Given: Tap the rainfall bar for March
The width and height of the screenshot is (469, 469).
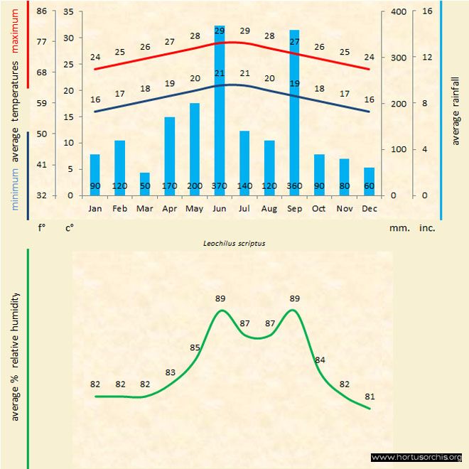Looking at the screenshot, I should point(145,183).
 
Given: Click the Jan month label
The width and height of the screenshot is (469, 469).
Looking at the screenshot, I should point(95,209).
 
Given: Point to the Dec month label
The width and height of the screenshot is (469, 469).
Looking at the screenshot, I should point(369,209).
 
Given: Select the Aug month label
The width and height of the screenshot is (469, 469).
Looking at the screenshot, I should point(269,209).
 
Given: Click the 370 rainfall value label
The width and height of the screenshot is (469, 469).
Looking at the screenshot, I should point(220,186).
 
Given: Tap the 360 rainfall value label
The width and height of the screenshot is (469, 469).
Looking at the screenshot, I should point(294,186).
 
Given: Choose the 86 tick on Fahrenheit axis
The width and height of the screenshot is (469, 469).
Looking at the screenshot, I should point(42,11).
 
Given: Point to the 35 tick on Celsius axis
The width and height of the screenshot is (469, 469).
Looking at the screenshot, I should point(68,11).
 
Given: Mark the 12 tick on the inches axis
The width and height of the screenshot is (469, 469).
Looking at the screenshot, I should point(427,58).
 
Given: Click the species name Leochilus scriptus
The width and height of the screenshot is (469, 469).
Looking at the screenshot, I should point(234,244).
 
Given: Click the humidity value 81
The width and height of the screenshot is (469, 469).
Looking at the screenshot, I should point(370,396).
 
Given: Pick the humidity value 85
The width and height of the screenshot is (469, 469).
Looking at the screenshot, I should point(195,347).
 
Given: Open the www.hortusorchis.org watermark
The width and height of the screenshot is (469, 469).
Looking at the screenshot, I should point(416,457).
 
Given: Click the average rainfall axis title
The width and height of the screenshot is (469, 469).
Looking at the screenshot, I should point(455,114).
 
